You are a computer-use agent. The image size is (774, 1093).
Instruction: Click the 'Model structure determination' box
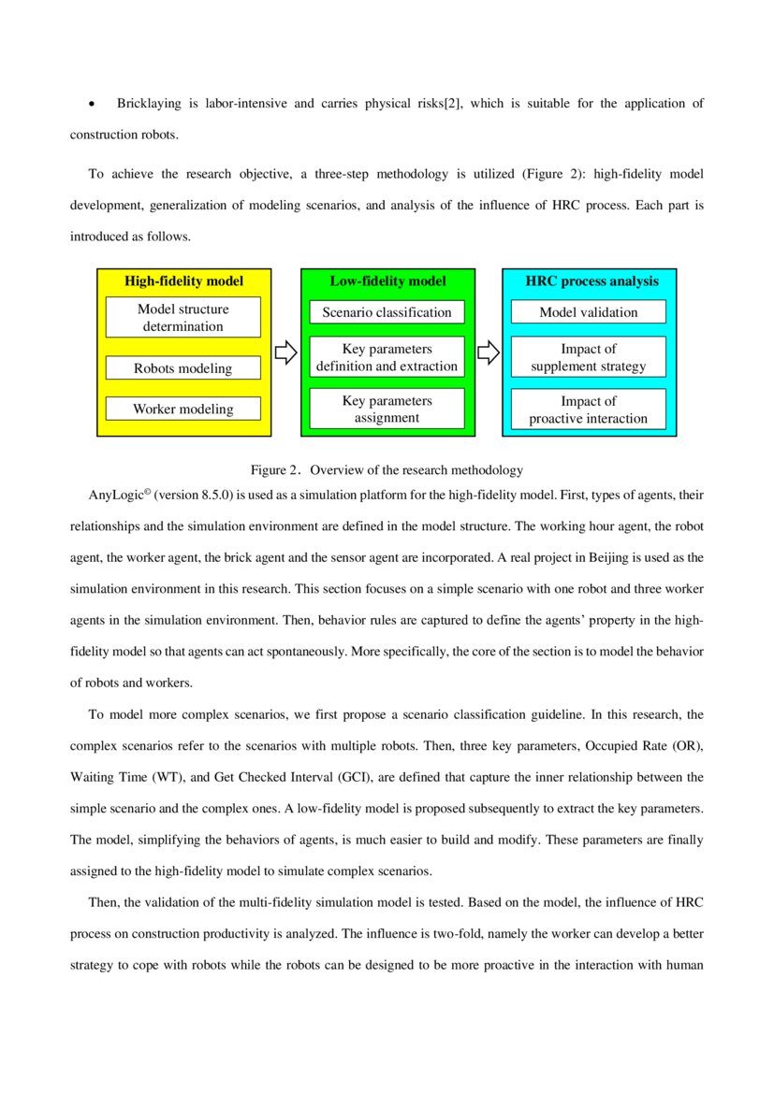pyautogui.click(x=183, y=317)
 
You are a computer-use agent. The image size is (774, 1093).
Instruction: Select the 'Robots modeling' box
pyautogui.click(x=183, y=368)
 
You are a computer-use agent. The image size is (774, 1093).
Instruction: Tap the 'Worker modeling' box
pyautogui.click(x=183, y=409)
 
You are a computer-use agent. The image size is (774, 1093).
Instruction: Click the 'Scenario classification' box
pyautogui.click(x=387, y=312)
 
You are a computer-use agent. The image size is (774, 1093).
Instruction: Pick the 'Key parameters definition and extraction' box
pyautogui.click(x=387, y=357)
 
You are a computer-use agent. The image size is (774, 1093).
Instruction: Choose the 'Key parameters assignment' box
pyautogui.click(x=387, y=409)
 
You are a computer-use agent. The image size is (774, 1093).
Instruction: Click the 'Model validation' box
pyautogui.click(x=588, y=312)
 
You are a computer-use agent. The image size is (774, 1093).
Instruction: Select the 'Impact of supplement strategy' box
pyautogui.click(x=588, y=357)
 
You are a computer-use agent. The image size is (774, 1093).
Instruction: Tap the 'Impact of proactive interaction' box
pyautogui.click(x=588, y=409)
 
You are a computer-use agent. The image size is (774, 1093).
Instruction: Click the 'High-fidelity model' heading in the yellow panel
pyautogui.click(x=183, y=280)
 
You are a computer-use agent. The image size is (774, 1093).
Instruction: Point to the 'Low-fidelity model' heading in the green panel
pyautogui.click(x=387, y=280)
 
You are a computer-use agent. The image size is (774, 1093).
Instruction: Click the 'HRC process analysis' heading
pyautogui.click(x=591, y=280)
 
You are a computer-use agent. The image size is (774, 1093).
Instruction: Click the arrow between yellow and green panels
pyautogui.click(x=285, y=352)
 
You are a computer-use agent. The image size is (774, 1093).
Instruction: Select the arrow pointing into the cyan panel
pyautogui.click(x=489, y=352)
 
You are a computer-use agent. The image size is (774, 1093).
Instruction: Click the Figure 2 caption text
pyautogui.click(x=386, y=469)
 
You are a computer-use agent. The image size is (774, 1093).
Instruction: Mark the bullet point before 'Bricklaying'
pyautogui.click(x=92, y=104)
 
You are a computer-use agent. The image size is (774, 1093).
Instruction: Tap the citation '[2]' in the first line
pyautogui.click(x=452, y=103)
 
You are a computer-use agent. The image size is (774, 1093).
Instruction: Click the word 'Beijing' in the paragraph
pyautogui.click(x=589, y=557)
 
